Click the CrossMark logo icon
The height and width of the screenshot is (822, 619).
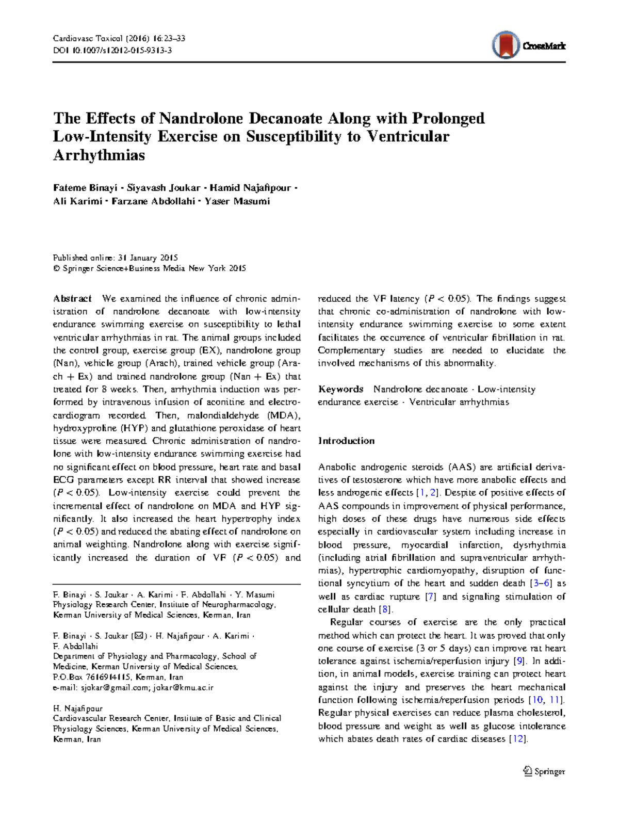pyautogui.click(x=506, y=45)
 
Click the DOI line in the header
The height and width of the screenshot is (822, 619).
pyautogui.click(x=112, y=51)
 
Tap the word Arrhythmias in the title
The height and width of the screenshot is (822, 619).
pyautogui.click(x=99, y=155)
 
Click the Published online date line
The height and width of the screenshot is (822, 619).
pyautogui.click(x=116, y=257)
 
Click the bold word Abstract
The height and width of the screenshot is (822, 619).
pyautogui.click(x=72, y=299)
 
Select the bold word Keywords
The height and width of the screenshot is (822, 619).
pyautogui.click(x=340, y=389)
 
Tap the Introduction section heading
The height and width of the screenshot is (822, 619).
pyautogui.click(x=346, y=441)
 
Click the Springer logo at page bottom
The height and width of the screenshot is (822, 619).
pyautogui.click(x=544, y=771)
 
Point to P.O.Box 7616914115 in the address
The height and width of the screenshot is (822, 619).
pyautogui.click(x=92, y=677)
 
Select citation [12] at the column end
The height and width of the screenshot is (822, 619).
pyautogui.click(x=518, y=739)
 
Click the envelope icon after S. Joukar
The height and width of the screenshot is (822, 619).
pyautogui.click(x=139, y=636)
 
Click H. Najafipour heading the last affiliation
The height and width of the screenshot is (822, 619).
pyautogui.click(x=78, y=708)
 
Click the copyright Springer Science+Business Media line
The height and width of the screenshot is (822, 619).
pyautogui.click(x=150, y=268)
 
